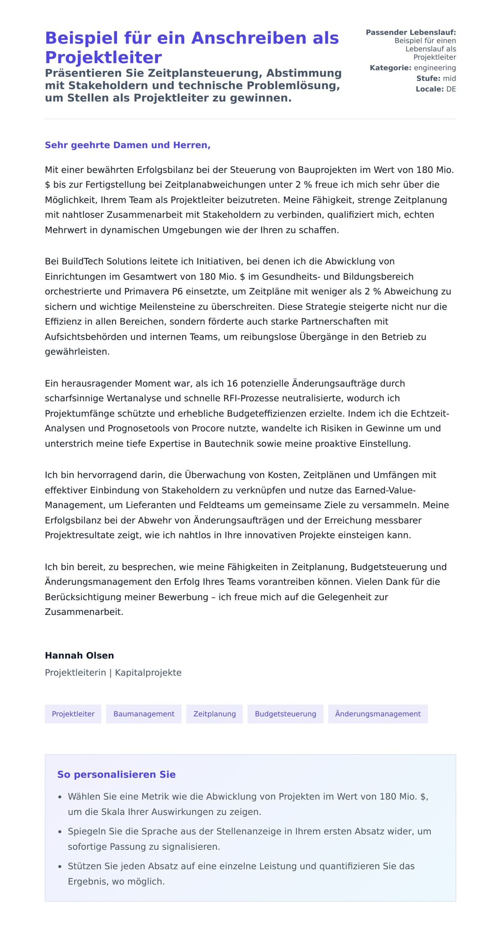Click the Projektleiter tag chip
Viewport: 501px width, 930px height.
[x=73, y=714]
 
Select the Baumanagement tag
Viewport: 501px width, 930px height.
[x=144, y=714]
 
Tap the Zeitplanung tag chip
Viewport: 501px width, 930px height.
[x=214, y=714]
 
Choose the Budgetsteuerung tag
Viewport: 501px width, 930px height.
[x=285, y=714]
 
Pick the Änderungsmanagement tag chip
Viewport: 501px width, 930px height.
[x=377, y=714]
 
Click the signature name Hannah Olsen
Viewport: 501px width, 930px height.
[x=79, y=655]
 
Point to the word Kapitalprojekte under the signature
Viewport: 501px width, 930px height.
[x=148, y=673]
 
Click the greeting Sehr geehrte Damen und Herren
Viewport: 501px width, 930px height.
[x=127, y=145]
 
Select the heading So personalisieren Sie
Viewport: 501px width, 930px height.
[x=116, y=775]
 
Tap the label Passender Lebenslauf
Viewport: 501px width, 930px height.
[x=411, y=32]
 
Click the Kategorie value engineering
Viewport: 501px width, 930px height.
[x=435, y=68]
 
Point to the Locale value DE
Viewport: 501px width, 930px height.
[x=451, y=89]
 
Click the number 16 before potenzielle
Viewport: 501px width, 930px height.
[x=232, y=383]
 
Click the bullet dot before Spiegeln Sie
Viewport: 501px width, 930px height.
[x=60, y=832]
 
